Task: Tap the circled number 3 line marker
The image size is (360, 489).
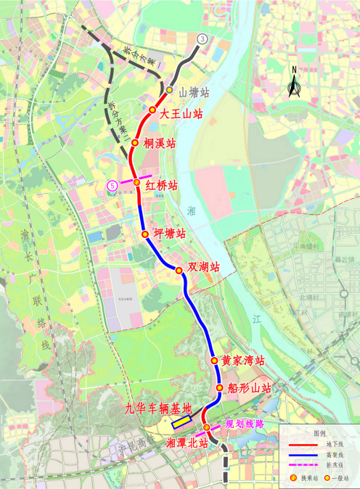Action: (202, 38)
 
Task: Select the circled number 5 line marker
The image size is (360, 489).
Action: (112, 186)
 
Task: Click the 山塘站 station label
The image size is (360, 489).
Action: (194, 93)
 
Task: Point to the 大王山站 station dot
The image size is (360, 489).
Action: (152, 110)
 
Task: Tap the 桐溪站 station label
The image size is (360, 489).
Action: (160, 144)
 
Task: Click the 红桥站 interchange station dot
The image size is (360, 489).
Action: (136, 183)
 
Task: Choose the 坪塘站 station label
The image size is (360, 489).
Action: (169, 234)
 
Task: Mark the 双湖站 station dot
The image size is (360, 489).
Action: (179, 270)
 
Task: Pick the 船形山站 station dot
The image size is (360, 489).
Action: (219, 388)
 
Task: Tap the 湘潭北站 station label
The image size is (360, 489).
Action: (187, 442)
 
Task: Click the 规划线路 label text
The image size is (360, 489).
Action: (245, 424)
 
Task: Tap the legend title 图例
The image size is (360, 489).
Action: (319, 431)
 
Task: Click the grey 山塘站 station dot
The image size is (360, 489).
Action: (169, 90)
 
